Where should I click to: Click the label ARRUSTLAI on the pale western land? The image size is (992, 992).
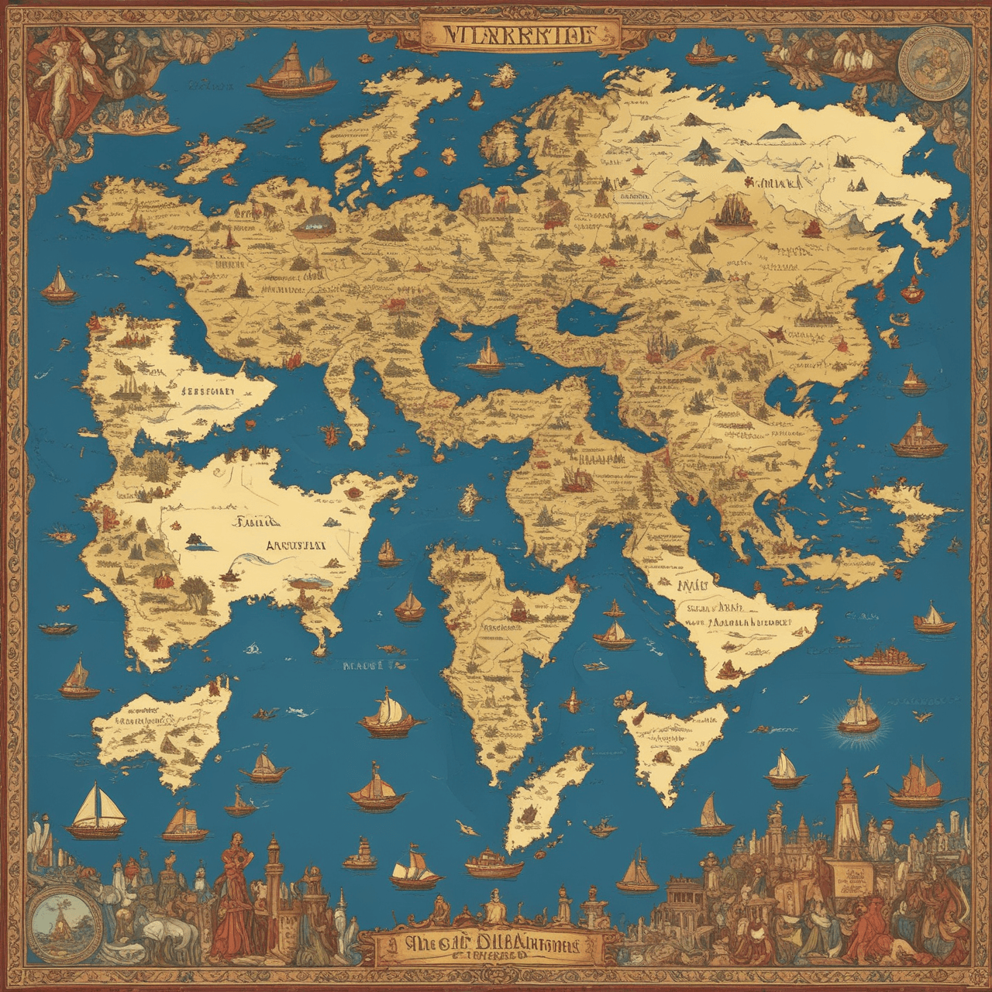pyautogui.click(x=295, y=544)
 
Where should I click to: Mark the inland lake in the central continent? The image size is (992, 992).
pyautogui.click(x=589, y=315)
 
